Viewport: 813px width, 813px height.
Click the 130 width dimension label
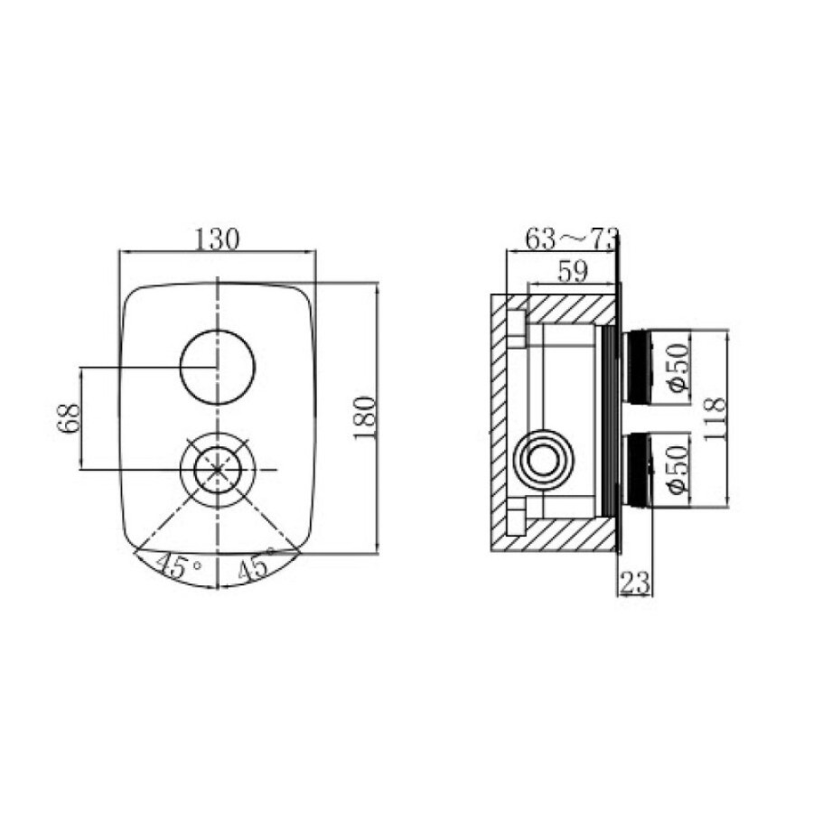coord(217,239)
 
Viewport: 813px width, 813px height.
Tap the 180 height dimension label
coord(364,418)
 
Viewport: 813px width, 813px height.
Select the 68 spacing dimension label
coord(70,418)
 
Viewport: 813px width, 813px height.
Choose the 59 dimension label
coord(573,271)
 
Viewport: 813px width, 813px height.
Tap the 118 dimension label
coord(715,419)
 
